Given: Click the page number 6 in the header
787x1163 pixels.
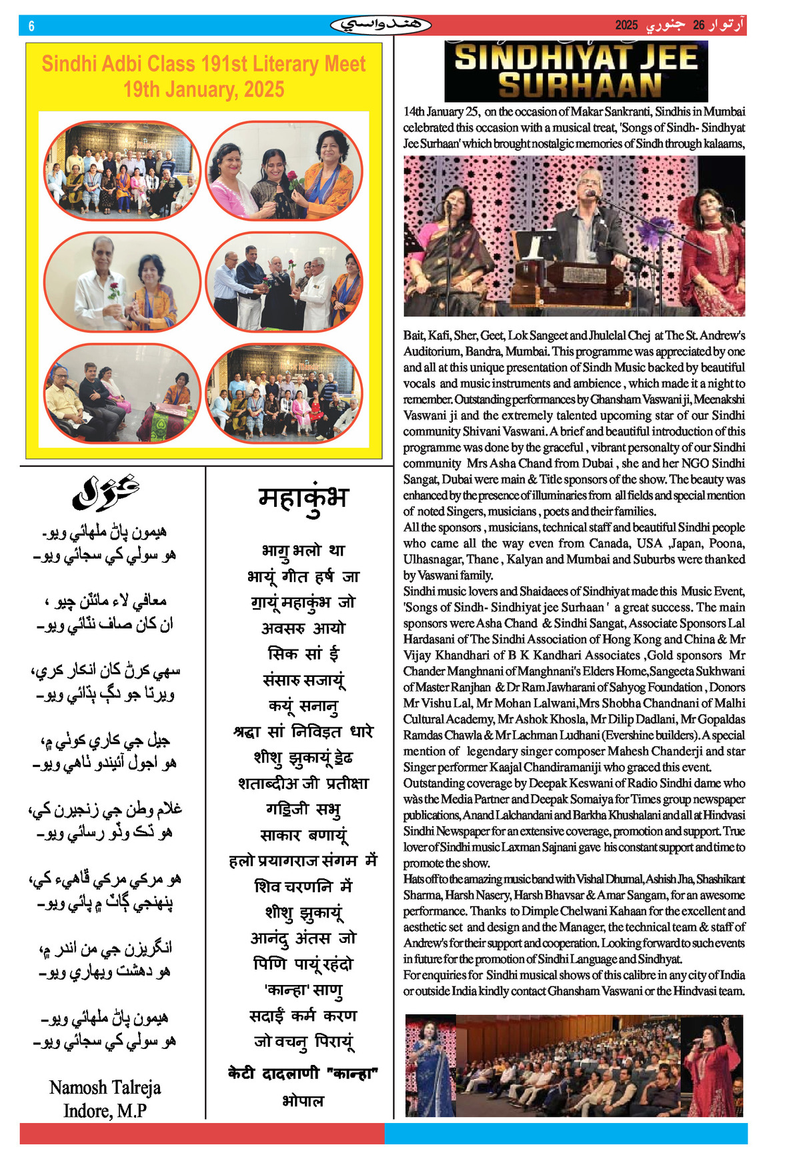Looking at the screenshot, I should coord(31,26).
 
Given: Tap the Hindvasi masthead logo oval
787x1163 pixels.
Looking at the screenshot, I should coord(380,25).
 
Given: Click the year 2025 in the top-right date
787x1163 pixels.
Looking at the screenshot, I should coord(626,25).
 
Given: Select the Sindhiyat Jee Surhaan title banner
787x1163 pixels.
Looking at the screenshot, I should coord(576,71).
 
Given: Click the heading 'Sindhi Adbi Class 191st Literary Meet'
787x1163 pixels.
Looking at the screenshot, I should coord(203,64).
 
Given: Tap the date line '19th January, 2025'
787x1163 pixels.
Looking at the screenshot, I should coord(203,89).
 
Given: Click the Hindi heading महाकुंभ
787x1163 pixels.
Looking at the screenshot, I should coord(303,497).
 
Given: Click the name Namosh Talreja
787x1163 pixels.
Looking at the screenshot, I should coord(105,1088).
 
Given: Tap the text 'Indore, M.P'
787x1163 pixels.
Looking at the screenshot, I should coord(105,1111).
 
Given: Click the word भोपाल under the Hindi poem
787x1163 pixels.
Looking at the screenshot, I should coord(303,1101).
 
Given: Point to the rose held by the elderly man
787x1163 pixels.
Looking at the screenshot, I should coord(114,290).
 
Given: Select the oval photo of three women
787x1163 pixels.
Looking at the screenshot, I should coord(284,171).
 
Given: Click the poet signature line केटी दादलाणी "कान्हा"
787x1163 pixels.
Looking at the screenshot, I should coord(303,1074).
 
